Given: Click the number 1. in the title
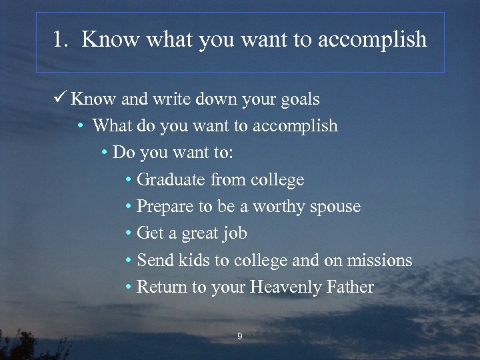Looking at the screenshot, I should click(x=61, y=39).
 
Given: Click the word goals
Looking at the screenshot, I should click(x=299, y=100).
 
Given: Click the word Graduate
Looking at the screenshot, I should click(x=171, y=180).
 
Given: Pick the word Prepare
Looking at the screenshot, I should click(x=165, y=207).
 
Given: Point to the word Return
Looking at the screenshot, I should click(x=161, y=287).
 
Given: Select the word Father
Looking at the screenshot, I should click(x=351, y=287).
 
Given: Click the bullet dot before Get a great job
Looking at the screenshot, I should click(x=128, y=233).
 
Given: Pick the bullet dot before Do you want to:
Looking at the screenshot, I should click(x=105, y=153).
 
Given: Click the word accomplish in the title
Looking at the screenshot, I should click(x=372, y=40).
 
